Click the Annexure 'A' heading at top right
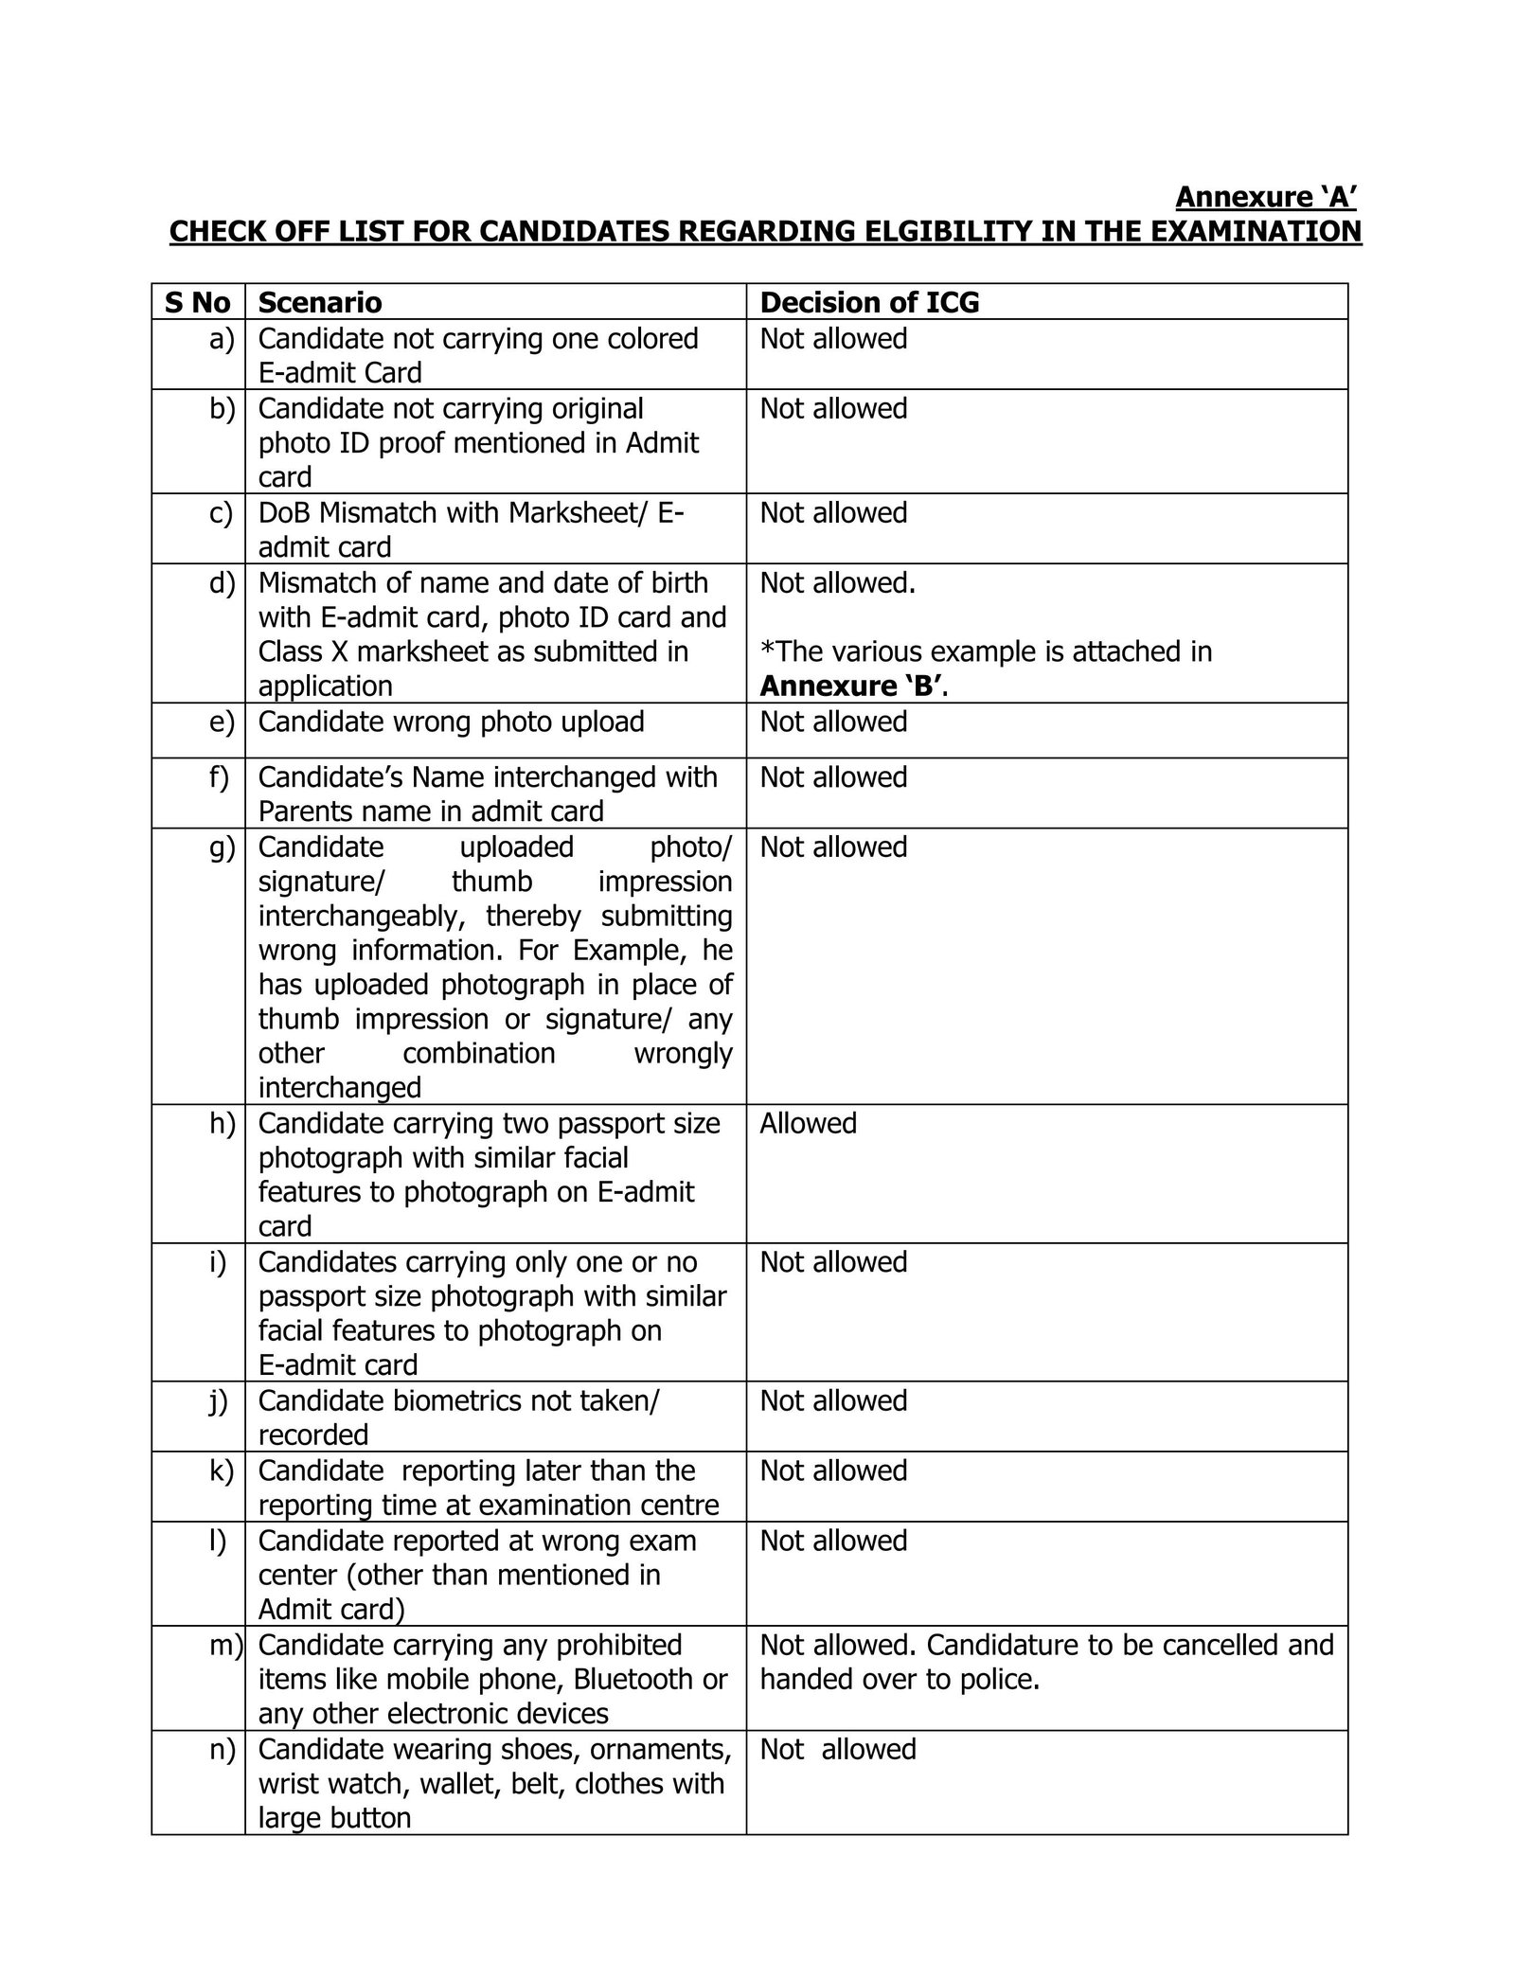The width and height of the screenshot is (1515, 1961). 1266,197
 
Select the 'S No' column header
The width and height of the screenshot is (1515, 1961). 197,302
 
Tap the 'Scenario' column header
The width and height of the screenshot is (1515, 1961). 320,302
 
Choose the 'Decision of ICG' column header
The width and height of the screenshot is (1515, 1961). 869,302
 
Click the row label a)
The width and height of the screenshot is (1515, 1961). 222,339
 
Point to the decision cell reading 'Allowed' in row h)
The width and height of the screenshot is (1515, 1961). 808,1123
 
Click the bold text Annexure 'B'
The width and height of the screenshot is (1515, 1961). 851,686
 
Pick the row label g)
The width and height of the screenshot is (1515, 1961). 222,847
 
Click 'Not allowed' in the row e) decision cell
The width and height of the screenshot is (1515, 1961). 833,722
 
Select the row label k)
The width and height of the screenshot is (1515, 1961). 222,1471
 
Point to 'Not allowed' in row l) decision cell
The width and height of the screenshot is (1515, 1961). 833,1541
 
